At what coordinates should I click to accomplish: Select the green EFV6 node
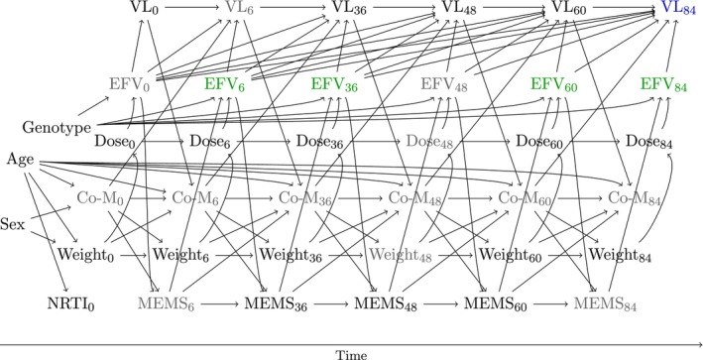point(224,84)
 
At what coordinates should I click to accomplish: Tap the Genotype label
point(57,128)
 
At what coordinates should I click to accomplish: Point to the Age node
point(20,160)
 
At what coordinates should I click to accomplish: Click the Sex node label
point(13,224)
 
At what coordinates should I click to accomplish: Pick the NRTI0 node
point(70,303)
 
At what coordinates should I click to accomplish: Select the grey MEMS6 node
point(167,303)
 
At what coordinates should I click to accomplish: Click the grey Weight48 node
point(401,255)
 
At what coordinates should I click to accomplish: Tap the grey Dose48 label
point(429,141)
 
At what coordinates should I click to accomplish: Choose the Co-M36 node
point(304,197)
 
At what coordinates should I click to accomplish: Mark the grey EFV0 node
point(129,84)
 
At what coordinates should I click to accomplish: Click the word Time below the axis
point(351,355)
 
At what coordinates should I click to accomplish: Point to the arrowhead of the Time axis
point(700,344)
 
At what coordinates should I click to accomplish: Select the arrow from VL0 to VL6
point(191,8)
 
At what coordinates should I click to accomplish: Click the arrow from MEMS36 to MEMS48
point(331,303)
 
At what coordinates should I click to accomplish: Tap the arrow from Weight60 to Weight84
point(565,255)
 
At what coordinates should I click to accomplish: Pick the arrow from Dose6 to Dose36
point(264,141)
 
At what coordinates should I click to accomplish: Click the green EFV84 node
point(663,84)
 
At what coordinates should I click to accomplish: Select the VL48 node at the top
point(459,8)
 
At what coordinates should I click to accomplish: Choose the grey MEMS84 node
point(605,303)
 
